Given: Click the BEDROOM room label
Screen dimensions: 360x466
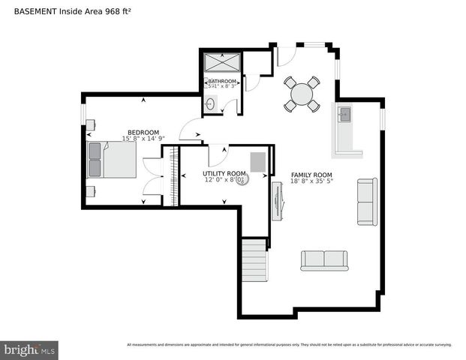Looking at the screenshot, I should [143, 132].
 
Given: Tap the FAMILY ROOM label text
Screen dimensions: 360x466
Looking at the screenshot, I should [311, 174].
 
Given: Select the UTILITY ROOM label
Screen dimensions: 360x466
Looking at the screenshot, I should [224, 173].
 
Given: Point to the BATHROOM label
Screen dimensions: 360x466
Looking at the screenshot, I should [222, 81].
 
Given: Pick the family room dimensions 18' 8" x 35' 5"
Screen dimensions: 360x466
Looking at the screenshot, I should [311, 181].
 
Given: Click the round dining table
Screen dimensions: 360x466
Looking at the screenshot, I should [302, 94].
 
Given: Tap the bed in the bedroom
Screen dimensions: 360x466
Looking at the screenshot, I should [113, 159].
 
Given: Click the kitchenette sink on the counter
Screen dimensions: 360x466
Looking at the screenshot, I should [345, 115].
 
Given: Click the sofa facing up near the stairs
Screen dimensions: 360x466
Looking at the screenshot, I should [324, 259].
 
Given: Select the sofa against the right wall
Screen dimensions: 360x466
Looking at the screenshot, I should [367, 202].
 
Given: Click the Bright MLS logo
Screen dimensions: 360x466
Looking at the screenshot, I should [30, 349].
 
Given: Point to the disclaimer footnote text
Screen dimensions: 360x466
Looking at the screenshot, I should [289, 345].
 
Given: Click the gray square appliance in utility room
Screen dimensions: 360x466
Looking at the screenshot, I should [258, 162].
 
